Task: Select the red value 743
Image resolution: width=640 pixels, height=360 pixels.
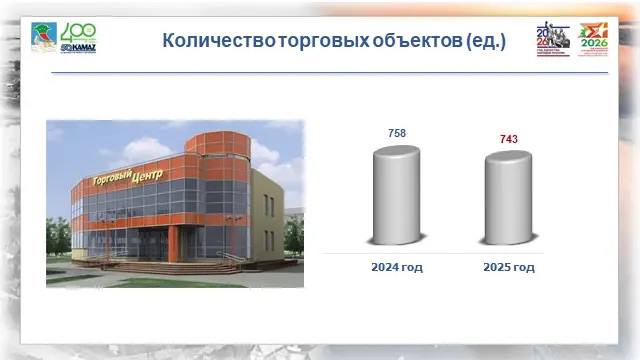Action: tap(508, 138)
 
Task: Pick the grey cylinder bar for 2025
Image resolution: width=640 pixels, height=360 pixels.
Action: tap(509, 197)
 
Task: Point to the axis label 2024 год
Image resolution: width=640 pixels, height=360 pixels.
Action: tap(397, 267)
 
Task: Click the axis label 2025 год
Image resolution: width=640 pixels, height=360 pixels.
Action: tap(509, 267)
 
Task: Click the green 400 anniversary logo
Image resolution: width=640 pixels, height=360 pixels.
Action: tap(78, 33)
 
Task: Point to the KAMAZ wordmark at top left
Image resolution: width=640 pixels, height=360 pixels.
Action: tap(78, 47)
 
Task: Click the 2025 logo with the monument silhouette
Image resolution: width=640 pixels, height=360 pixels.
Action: tap(552, 39)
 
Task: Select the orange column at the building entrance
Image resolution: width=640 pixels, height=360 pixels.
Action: tap(174, 240)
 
